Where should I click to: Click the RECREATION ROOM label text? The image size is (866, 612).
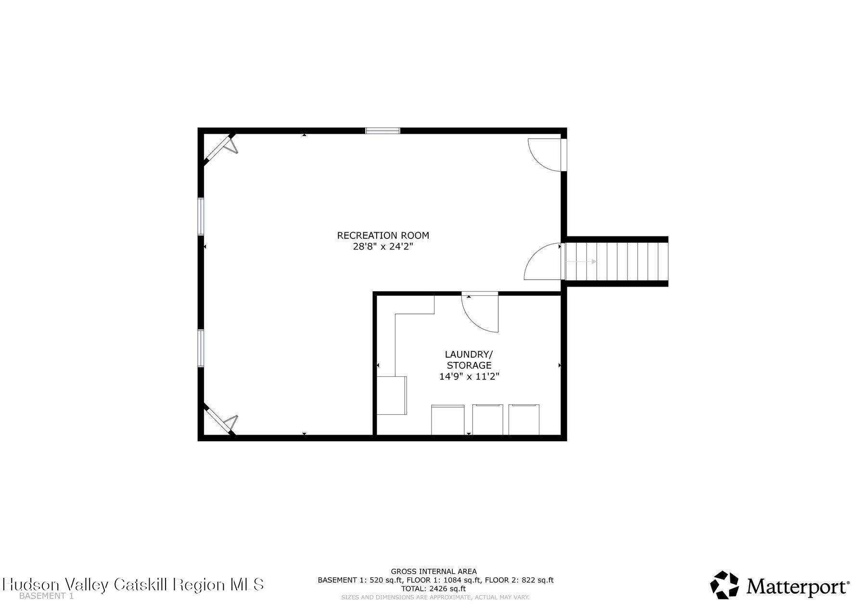(x=383, y=236)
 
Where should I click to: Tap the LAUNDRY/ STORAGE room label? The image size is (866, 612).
(x=469, y=360)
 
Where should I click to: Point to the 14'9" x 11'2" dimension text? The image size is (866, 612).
(x=469, y=377)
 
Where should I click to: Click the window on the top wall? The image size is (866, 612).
(x=382, y=130)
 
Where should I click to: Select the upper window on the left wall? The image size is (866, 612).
(x=201, y=216)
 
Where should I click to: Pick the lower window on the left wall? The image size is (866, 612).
(x=201, y=349)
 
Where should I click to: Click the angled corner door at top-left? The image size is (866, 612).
(x=220, y=148)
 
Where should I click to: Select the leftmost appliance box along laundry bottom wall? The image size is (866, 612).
(x=448, y=420)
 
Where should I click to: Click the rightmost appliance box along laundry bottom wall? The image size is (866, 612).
(x=524, y=420)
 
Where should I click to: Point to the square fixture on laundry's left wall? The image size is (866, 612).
(x=392, y=396)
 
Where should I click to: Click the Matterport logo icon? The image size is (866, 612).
(x=725, y=585)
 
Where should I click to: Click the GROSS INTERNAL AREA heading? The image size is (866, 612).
(x=433, y=572)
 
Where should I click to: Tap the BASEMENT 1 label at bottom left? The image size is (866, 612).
(x=46, y=596)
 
